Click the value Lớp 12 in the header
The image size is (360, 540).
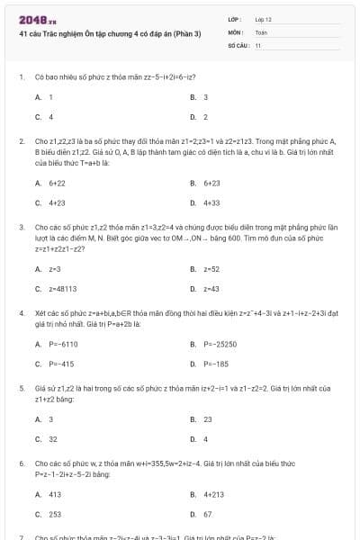point(264,18)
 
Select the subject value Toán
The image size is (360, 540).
point(261,31)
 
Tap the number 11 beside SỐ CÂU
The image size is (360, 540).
point(257,44)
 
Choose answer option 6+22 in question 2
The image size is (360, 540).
point(57,183)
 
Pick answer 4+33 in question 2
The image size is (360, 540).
point(212,202)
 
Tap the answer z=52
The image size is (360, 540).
point(211,269)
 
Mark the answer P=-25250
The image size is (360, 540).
point(219,344)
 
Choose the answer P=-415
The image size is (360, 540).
point(61,364)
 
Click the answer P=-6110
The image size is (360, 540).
point(63,344)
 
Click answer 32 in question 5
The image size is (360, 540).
point(53,439)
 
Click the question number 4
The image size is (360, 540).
point(21,312)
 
